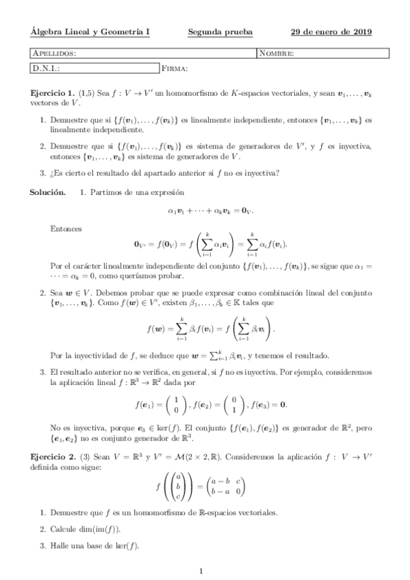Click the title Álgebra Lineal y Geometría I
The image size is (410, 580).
pos(91,31)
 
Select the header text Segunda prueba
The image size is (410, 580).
pos(220,31)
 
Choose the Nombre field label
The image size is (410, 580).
pos(277,53)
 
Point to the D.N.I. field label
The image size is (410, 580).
pos(47,68)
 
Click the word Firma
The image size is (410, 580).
pos(175,68)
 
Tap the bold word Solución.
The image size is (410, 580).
pos(47,193)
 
